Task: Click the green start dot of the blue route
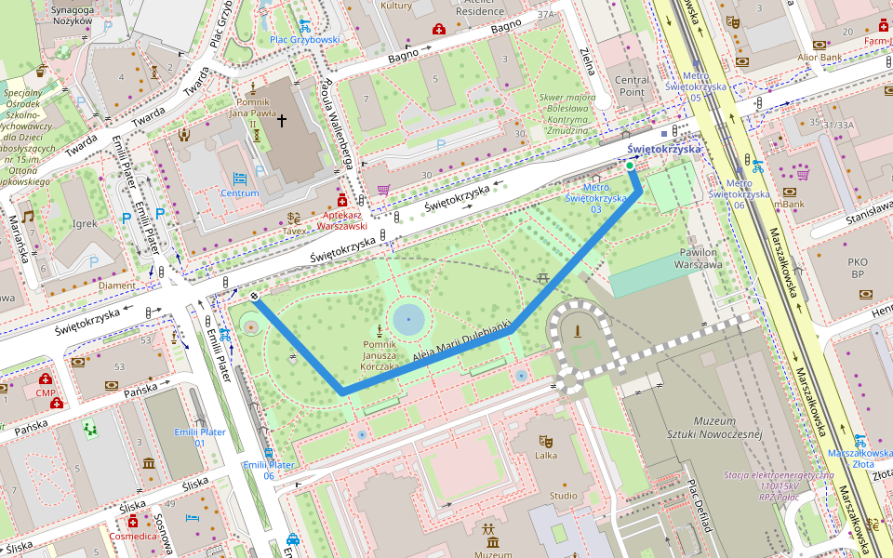pyautogui.click(x=630, y=166)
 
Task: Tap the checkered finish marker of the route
pyautogui.click(x=254, y=298)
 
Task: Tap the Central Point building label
pyautogui.click(x=632, y=86)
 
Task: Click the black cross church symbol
pyautogui.click(x=282, y=120)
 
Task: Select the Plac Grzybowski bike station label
pyautogui.click(x=305, y=40)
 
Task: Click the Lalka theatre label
pyautogui.click(x=545, y=456)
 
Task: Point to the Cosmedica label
pyautogui.click(x=134, y=537)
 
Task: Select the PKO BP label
pyautogui.click(x=858, y=268)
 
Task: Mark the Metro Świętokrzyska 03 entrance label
pyautogui.click(x=595, y=203)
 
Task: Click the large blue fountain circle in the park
pyautogui.click(x=408, y=320)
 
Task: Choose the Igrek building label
pyautogui.click(x=85, y=223)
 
